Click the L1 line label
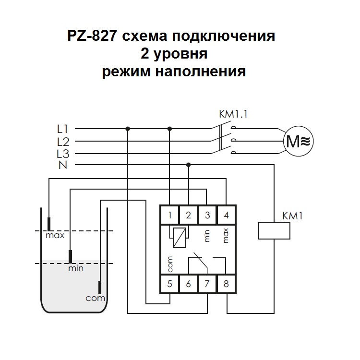tap(63, 129)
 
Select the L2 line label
tap(63, 141)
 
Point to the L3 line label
tap(63, 154)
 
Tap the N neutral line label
tap(63, 166)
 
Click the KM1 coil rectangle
tap(274, 230)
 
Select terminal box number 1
tap(170, 215)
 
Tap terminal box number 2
tap(188, 215)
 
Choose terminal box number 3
tap(207, 215)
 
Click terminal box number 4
tap(226, 215)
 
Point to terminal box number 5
tap(170, 284)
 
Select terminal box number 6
tap(188, 284)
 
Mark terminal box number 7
tap(207, 284)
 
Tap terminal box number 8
tap(226, 284)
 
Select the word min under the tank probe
tap(75, 268)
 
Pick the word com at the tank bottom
tap(95, 298)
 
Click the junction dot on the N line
tap(188, 165)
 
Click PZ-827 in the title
tap(93, 36)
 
